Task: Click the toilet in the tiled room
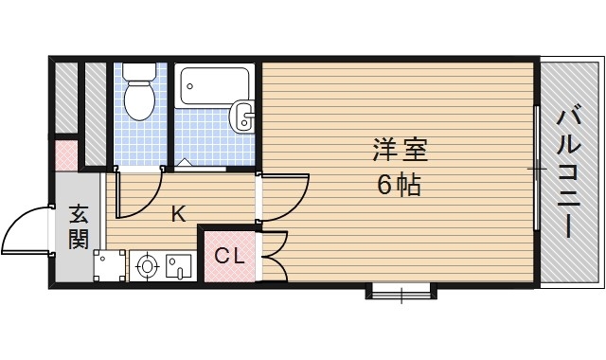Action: (139, 92)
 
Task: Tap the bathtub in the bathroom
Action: (214, 86)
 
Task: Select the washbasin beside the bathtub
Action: (242, 116)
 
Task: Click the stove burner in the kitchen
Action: (147, 266)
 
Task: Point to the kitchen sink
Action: (179, 265)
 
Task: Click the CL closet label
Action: (229, 256)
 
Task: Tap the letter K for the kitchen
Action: (179, 214)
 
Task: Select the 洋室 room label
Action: (400, 150)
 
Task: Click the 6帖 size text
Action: (399, 185)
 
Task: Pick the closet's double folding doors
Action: (276, 256)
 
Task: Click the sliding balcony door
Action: (537, 169)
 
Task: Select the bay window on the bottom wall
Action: (401, 291)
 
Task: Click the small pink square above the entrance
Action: (66, 155)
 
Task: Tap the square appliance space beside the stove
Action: (110, 265)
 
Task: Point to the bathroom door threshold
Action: (200, 169)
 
